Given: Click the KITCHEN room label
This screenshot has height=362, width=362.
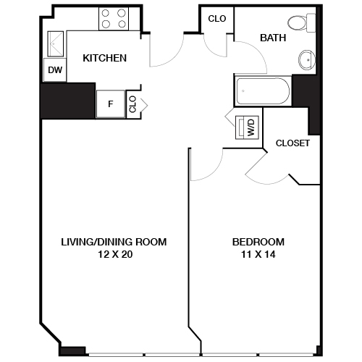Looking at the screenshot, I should click(x=104, y=58).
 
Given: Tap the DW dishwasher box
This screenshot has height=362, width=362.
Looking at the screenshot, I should click(x=55, y=70).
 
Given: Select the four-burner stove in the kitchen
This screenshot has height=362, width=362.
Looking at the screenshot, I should click(x=113, y=18).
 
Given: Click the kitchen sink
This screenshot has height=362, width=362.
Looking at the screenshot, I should click(x=55, y=45).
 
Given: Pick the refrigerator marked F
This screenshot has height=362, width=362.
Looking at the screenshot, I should click(x=111, y=104).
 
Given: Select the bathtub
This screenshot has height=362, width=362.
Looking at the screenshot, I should click(x=261, y=91).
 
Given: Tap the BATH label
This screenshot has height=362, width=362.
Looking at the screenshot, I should click(x=274, y=37).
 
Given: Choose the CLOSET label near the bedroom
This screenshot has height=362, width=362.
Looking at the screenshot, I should click(x=292, y=143).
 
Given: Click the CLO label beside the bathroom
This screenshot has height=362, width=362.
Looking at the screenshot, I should click(x=216, y=19).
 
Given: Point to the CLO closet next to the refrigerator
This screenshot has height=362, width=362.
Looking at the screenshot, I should click(x=132, y=104).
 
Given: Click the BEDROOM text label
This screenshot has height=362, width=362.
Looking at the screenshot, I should click(x=258, y=242).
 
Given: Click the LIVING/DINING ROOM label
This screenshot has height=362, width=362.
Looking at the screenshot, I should click(x=114, y=242).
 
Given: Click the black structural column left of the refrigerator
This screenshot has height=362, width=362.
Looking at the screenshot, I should click(x=68, y=100).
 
